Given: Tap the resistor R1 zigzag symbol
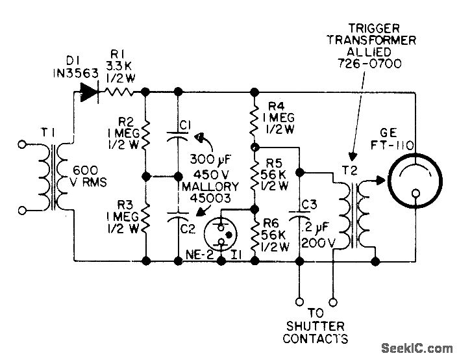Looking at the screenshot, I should pyautogui.click(x=122, y=92).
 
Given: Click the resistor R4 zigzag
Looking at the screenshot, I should pyautogui.click(x=254, y=118).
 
